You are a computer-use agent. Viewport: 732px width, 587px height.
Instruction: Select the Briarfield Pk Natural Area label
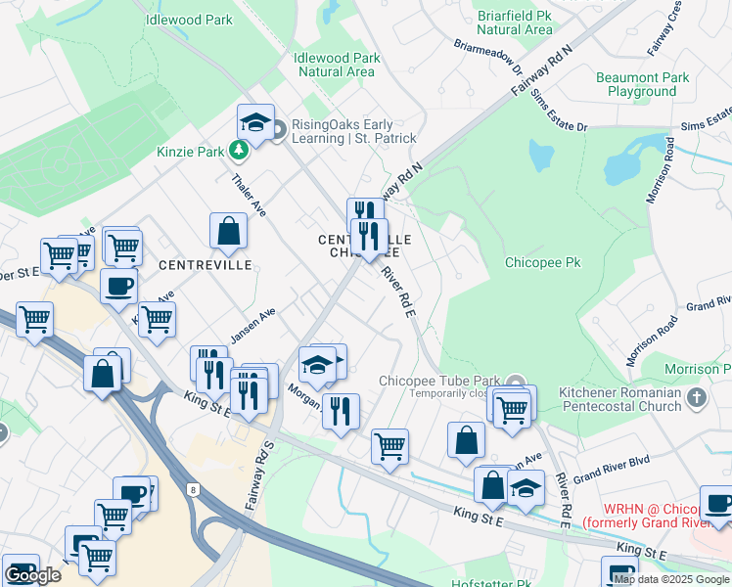click(x=516, y=23)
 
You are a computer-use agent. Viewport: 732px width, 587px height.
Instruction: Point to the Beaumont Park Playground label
click(x=642, y=84)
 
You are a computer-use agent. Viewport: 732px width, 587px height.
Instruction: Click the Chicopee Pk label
click(x=542, y=263)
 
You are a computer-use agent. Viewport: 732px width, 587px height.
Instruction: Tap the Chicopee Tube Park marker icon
click(x=516, y=382)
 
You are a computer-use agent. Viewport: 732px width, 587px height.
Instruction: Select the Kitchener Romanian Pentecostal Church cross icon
click(x=696, y=397)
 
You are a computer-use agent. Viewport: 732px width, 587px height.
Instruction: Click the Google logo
click(x=32, y=575)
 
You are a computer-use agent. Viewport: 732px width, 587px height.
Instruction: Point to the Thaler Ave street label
click(x=249, y=196)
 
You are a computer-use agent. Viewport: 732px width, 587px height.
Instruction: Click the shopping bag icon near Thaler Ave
click(x=228, y=232)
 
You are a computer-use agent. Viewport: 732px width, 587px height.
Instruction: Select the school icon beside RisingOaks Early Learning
click(x=255, y=122)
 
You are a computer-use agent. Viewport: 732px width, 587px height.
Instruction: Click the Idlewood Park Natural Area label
click(x=337, y=65)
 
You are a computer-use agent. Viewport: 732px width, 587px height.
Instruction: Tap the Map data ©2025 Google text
click(x=671, y=579)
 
